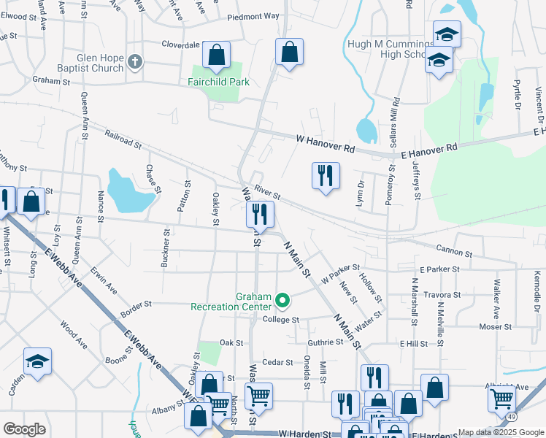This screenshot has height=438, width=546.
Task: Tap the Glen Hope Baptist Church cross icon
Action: pos(135,62)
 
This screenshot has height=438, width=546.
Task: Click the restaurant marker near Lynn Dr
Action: pos(326,176)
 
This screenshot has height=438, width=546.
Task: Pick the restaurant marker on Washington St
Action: pos(259,215)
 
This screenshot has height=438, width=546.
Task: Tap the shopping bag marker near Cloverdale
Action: pos(216,54)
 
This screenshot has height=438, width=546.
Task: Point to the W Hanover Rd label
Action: pos(325,143)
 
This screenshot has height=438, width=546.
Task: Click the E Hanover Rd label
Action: pos(428,150)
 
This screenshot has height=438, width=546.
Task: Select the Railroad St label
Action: pos(123,139)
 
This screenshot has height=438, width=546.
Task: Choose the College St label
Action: pos(281,320)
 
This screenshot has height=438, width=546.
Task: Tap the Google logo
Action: pos(23,429)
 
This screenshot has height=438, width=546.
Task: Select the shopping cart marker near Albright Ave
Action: pos(501,398)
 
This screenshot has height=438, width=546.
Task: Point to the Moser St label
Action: pos(495,326)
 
